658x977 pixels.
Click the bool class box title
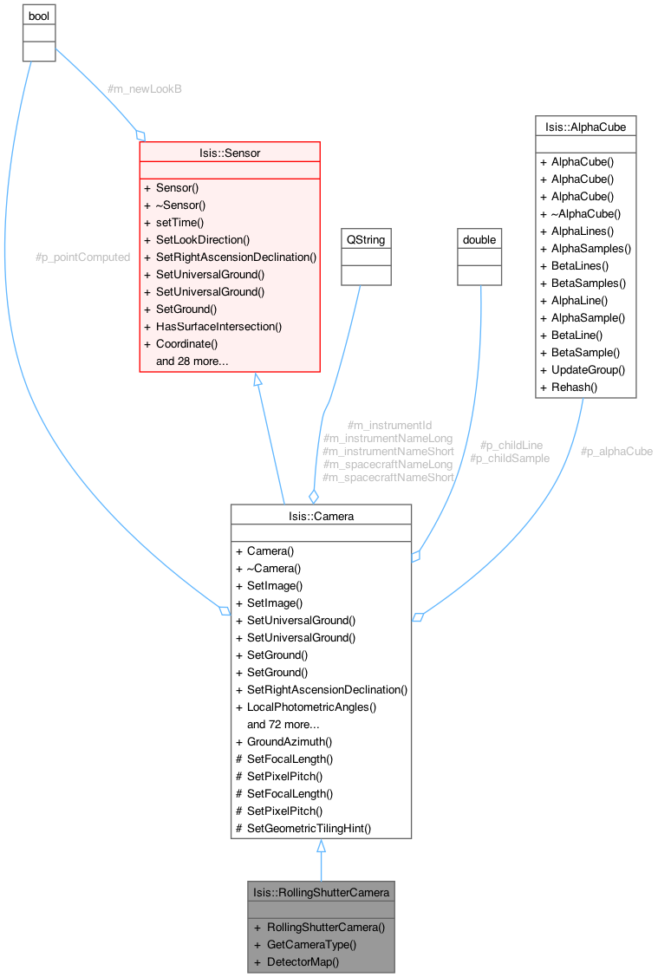(x=38, y=17)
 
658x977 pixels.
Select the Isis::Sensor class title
(x=230, y=153)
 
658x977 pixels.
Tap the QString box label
(x=365, y=238)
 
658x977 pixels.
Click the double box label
(x=479, y=238)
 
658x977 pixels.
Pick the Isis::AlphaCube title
(x=585, y=127)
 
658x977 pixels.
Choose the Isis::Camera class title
(x=321, y=516)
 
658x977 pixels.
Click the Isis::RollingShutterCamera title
(x=321, y=891)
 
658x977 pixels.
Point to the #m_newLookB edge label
(x=144, y=89)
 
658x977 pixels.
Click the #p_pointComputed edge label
(x=82, y=257)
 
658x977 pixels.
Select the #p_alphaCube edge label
(x=616, y=452)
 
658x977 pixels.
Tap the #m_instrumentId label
(x=389, y=426)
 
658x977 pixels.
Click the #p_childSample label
(x=510, y=458)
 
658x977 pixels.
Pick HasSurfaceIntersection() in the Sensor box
(x=218, y=326)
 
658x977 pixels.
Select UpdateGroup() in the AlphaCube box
(x=588, y=369)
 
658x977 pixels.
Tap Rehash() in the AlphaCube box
(x=574, y=387)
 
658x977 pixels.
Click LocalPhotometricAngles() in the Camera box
(x=311, y=707)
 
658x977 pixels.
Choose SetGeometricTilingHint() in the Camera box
(x=309, y=828)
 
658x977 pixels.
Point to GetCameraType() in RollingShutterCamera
(x=311, y=944)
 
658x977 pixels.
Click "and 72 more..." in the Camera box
(x=283, y=724)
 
